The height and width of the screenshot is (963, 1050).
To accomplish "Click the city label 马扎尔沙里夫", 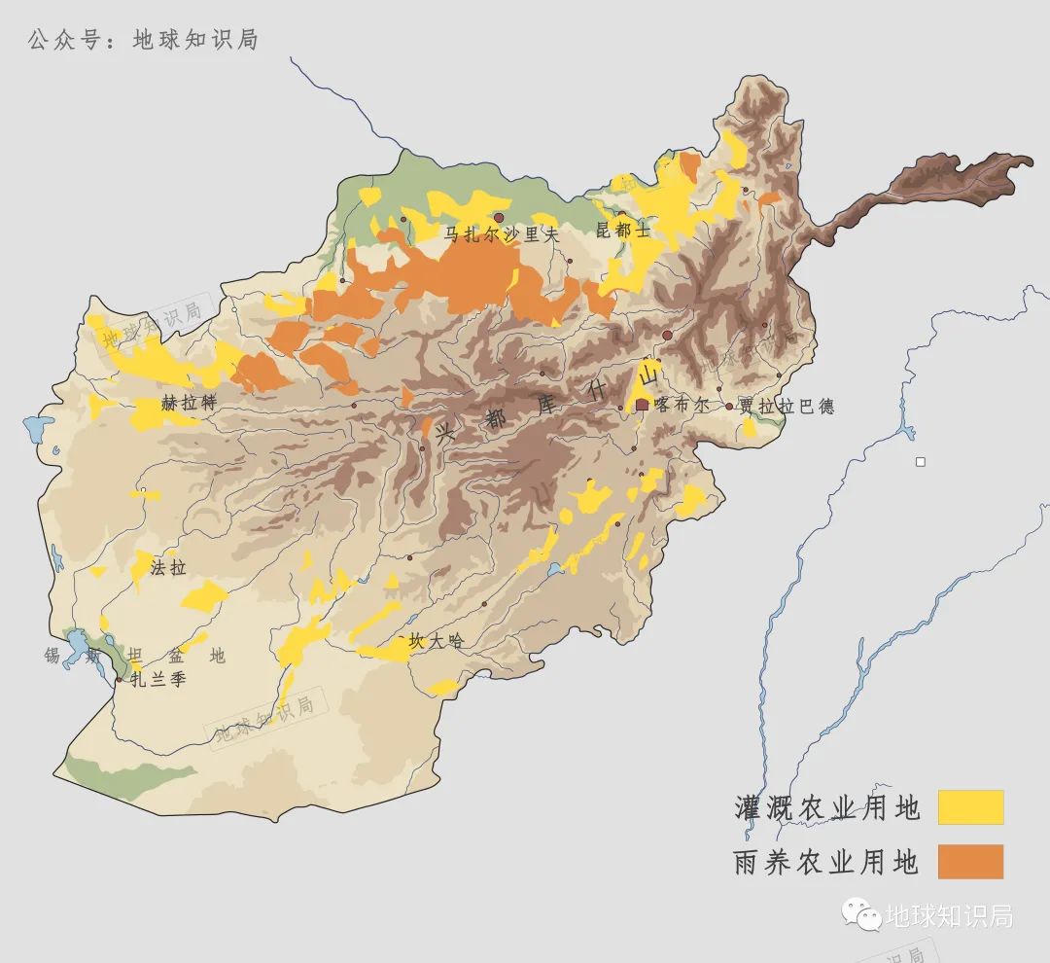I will click(x=502, y=234).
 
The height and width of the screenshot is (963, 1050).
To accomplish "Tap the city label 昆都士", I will click(x=622, y=230).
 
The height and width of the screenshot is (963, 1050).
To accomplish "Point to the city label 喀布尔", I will click(x=683, y=406).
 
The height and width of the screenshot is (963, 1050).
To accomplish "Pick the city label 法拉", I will click(x=168, y=567).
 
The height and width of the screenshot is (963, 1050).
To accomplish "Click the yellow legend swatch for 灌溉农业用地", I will click(x=969, y=807).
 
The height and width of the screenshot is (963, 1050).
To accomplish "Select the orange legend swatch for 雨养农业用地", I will click(x=969, y=862).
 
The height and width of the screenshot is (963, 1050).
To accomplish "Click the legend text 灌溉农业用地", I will click(x=825, y=807).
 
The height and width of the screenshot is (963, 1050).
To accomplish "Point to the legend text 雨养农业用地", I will click(x=825, y=862).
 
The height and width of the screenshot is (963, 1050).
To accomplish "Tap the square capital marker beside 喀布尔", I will click(x=642, y=405).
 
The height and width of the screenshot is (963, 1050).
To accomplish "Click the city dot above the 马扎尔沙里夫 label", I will click(x=499, y=218).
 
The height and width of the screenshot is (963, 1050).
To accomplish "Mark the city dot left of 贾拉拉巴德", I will click(x=729, y=407).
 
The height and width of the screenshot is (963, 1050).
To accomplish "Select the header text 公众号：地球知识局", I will click(x=143, y=40).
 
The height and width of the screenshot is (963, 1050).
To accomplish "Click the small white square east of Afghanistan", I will click(x=920, y=461).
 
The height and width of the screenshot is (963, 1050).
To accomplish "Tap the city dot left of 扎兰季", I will click(x=119, y=680).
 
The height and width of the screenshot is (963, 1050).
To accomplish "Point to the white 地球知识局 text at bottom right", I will click(x=949, y=915).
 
